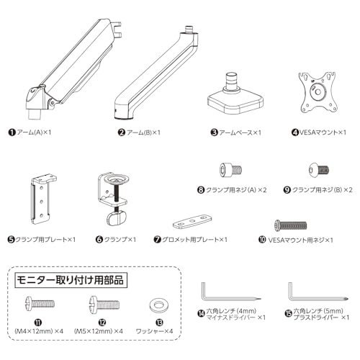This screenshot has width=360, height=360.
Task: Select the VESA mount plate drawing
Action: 318,92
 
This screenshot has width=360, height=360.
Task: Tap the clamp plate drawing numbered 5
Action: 43,199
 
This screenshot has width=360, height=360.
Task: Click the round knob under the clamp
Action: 117,218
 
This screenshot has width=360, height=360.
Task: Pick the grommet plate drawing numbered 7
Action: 192,221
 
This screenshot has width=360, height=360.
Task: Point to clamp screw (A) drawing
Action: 230,170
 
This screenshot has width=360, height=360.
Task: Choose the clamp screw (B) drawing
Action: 318,170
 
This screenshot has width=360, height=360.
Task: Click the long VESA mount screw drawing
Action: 291,225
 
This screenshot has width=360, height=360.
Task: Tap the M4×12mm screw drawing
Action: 40,304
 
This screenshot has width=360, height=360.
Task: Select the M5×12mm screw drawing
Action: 104,304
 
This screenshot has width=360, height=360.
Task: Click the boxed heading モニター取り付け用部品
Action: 71,280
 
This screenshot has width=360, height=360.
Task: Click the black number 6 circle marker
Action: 99,240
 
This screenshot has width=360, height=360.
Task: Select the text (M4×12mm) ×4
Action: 39,331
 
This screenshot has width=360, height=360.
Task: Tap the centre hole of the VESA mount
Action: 318,92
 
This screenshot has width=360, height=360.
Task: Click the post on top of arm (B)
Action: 189,30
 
